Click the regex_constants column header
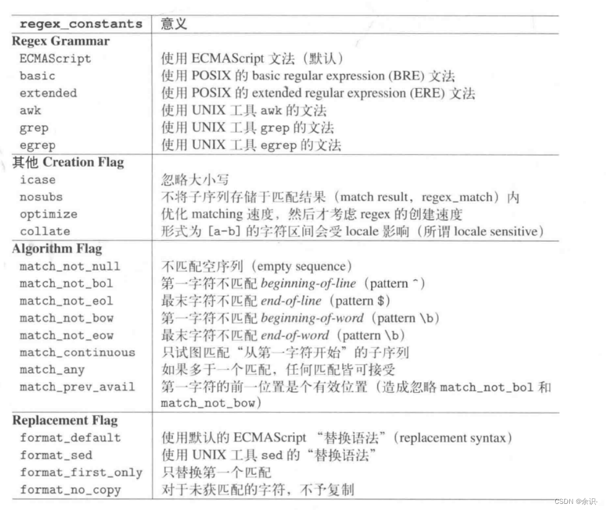click(x=81, y=24)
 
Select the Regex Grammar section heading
click(x=61, y=41)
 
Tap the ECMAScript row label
click(x=55, y=59)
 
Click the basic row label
click(x=37, y=76)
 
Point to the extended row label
click(x=49, y=93)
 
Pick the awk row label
click(x=30, y=110)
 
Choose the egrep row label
click(x=37, y=145)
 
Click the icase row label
click(x=37, y=180)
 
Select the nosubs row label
click(x=41, y=197)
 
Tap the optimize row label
click(x=49, y=214)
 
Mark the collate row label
click(x=45, y=232)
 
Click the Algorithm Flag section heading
click(x=57, y=249)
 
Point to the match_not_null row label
click(x=70, y=267)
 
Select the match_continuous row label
click(x=77, y=353)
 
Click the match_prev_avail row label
click(x=77, y=387)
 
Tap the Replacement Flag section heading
click(x=65, y=420)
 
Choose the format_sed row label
click(x=56, y=455)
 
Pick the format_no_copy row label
click(x=70, y=490)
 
